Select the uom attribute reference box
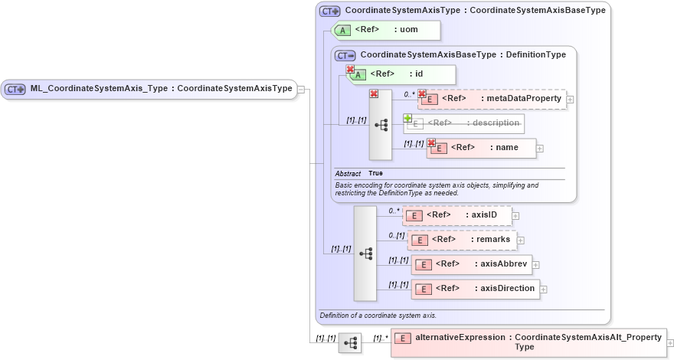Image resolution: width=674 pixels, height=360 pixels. pyautogui.click(x=387, y=30)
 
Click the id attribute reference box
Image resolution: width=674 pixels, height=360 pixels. pyautogui.click(x=402, y=74)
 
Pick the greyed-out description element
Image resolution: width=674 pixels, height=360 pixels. pyautogui.click(x=464, y=123)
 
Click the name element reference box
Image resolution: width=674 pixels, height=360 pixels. pyautogui.click(x=482, y=148)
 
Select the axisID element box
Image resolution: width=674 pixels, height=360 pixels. pyautogui.click(x=457, y=215)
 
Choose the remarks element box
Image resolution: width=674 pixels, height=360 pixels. pyautogui.click(x=462, y=240)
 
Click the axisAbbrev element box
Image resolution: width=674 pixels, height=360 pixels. pyautogui.click(x=471, y=264)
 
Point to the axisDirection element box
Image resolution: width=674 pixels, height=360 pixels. pyautogui.click(x=475, y=289)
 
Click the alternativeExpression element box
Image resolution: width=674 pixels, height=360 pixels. pyautogui.click(x=528, y=342)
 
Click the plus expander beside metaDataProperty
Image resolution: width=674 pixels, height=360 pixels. pyautogui.click(x=570, y=100)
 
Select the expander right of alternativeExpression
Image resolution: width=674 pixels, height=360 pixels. pyautogui.click(x=671, y=342)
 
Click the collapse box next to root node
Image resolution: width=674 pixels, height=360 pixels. pyautogui.click(x=302, y=89)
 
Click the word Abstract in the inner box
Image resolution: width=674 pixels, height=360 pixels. pyautogui.click(x=348, y=174)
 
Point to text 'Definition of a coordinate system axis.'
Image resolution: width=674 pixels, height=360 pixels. pyautogui.click(x=378, y=315)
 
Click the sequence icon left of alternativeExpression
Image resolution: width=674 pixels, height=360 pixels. pyautogui.click(x=350, y=343)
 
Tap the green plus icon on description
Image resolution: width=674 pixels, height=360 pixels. pyautogui.click(x=408, y=119)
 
